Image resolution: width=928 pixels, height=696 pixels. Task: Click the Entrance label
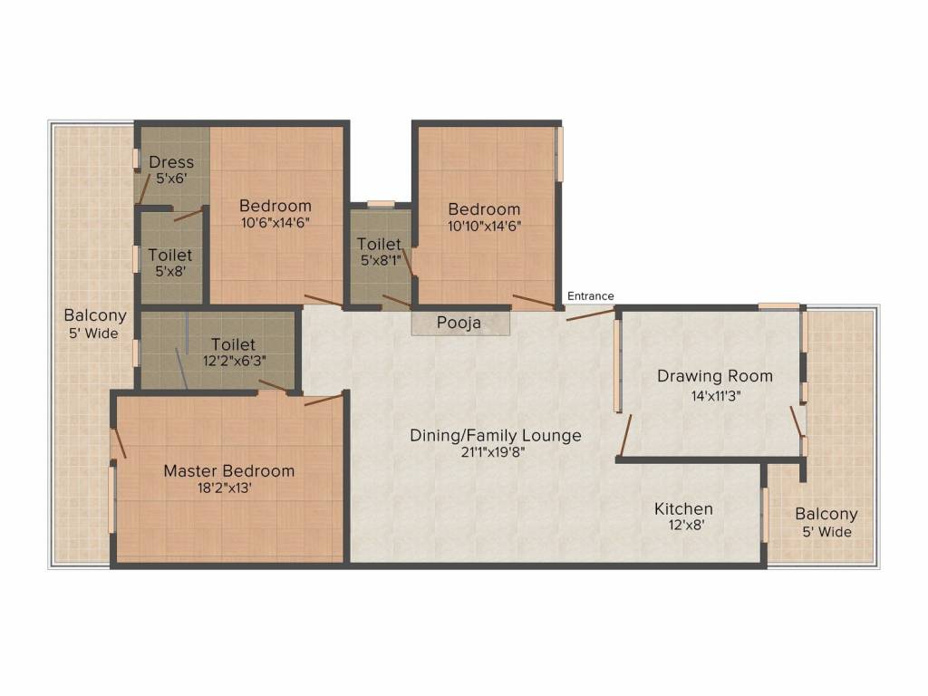click(x=590, y=296)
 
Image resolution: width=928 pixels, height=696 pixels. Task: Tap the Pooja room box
click(x=459, y=323)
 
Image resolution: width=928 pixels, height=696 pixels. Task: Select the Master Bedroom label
click(x=228, y=471)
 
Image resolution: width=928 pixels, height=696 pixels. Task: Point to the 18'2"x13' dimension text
click(x=219, y=488)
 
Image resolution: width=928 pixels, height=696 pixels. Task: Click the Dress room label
click(x=171, y=163)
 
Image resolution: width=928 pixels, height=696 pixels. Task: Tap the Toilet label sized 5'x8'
click(x=169, y=256)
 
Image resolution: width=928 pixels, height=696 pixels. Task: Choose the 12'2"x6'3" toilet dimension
click(x=233, y=361)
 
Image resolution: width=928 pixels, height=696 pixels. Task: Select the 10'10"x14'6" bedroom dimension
click(x=484, y=227)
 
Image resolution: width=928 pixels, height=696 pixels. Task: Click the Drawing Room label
click(x=715, y=376)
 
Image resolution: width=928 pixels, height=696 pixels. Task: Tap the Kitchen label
click(x=683, y=509)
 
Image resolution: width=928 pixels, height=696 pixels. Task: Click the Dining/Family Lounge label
click(x=496, y=436)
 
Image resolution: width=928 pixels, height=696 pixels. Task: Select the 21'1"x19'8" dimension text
click(x=493, y=453)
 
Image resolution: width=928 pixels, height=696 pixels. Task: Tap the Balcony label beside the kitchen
click(x=826, y=515)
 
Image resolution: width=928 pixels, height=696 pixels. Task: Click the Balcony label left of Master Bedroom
click(x=95, y=316)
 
